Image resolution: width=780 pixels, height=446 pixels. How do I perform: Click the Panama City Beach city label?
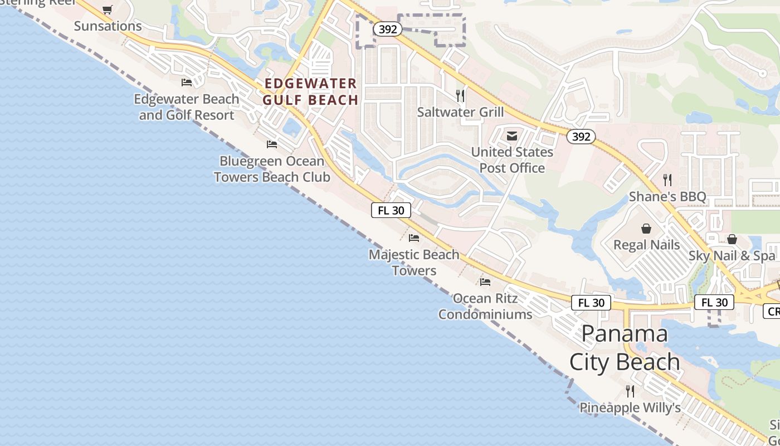[x=625, y=348]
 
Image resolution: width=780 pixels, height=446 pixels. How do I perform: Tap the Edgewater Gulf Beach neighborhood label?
[x=310, y=92]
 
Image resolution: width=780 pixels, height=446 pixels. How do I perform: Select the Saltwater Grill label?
[x=460, y=112]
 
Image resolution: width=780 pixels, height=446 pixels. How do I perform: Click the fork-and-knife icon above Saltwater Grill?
[x=460, y=96]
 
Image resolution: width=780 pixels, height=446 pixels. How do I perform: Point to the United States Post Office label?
[x=512, y=160]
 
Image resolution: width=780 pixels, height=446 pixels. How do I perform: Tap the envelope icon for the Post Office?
[x=512, y=135]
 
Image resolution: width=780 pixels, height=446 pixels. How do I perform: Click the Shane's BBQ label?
[x=667, y=197]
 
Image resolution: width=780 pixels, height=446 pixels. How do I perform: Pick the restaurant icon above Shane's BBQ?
[x=667, y=180]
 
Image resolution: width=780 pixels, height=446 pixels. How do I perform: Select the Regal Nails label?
[x=646, y=245]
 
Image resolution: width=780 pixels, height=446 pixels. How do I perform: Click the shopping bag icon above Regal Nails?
[x=646, y=229]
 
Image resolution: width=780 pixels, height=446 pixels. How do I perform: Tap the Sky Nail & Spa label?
[x=732, y=256]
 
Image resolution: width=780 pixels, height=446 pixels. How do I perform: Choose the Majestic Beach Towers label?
[x=414, y=263]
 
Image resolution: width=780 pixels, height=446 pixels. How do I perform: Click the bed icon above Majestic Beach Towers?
[x=414, y=238]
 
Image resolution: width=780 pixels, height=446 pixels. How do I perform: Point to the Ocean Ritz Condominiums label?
[x=485, y=306]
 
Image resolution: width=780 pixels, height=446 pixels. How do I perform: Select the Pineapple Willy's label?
[x=630, y=408]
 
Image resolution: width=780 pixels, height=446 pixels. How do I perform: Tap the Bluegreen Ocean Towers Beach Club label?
[x=272, y=169]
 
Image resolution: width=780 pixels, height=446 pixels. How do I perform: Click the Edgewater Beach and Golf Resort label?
[x=187, y=107]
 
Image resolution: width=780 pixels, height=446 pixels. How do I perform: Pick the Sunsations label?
[x=108, y=26]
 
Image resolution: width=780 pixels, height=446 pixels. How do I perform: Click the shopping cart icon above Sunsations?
[x=108, y=9]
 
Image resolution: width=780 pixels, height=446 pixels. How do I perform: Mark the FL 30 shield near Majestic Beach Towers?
[x=391, y=210]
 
